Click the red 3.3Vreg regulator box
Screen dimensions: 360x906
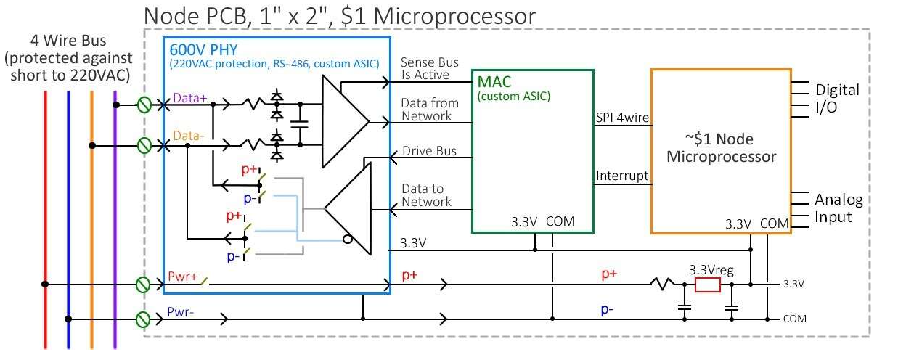[x=707, y=285]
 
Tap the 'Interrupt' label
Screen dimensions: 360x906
[x=621, y=176]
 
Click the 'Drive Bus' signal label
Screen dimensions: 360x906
[x=430, y=151]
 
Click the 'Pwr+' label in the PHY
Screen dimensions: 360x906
[x=181, y=277]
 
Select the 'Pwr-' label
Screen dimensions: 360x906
[x=180, y=312]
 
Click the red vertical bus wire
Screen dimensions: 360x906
[x=45, y=218]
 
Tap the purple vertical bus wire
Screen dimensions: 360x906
[x=115, y=218]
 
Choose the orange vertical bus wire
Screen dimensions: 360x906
[x=91, y=218]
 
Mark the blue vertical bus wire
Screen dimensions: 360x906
[x=68, y=218]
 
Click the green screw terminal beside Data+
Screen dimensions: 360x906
[x=144, y=106]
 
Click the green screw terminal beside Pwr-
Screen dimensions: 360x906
[x=144, y=319]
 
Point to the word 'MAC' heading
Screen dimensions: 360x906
[x=494, y=82]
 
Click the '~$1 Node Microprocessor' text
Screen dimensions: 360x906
[x=721, y=148]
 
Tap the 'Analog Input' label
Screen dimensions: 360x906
[x=838, y=208]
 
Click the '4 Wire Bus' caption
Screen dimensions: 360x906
[x=70, y=38]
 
